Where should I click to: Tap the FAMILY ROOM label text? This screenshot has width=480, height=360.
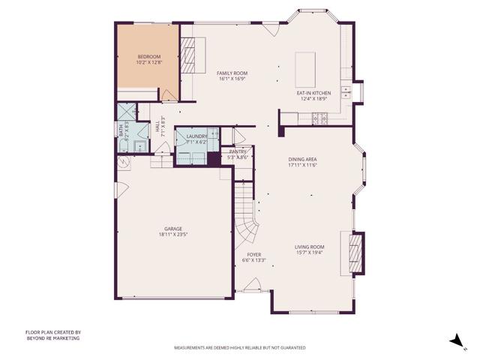(x=232, y=73)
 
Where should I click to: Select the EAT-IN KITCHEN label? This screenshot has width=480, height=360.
(x=314, y=93)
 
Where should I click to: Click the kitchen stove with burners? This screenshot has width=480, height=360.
(x=319, y=117)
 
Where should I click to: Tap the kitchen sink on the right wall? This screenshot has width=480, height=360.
(x=346, y=92)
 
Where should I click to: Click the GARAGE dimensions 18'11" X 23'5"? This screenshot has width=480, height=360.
(x=173, y=235)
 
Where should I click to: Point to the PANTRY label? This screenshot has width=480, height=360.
(x=238, y=151)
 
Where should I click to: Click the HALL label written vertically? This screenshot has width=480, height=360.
(x=157, y=128)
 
